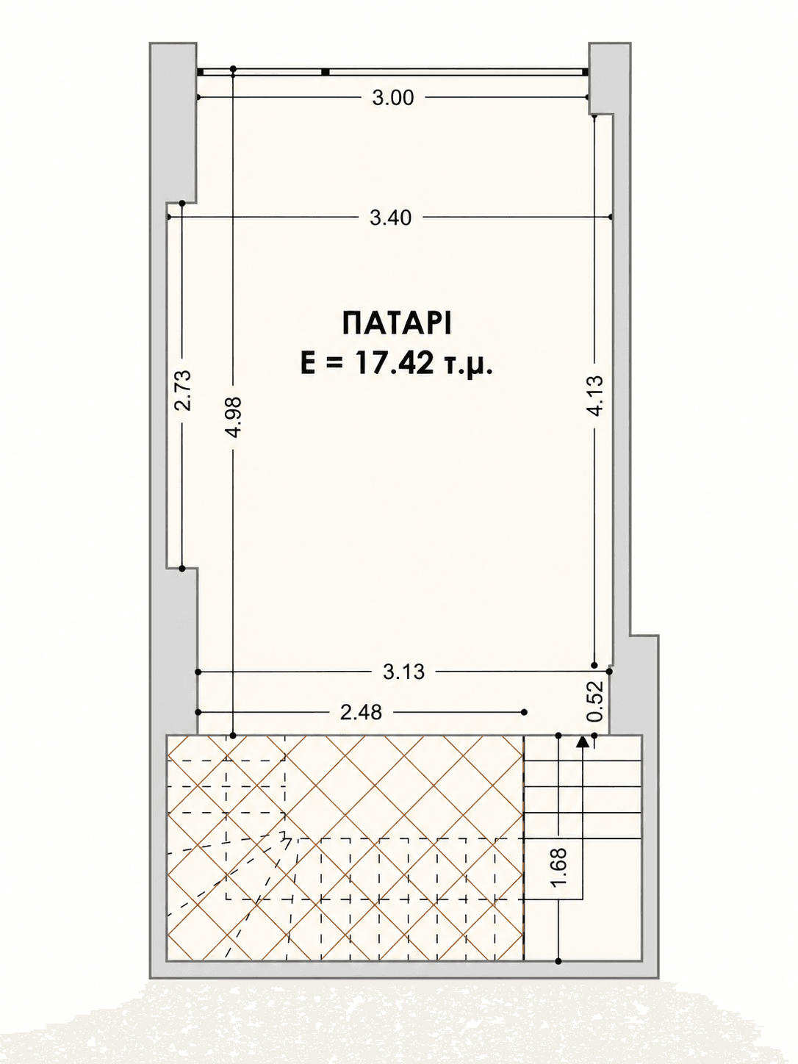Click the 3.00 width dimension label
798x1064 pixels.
click(393, 98)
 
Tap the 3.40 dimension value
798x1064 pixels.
click(390, 218)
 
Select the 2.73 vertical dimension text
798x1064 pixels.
click(183, 391)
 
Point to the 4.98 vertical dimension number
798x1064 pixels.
click(234, 417)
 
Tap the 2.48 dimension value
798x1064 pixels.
click(361, 713)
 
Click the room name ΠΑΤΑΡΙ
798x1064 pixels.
click(397, 324)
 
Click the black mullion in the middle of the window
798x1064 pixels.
click(326, 72)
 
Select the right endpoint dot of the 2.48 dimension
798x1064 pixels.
click(524, 712)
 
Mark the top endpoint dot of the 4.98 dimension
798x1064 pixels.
click(233, 69)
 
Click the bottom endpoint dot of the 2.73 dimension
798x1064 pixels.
click(182, 569)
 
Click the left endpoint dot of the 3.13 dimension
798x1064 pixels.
click(198, 672)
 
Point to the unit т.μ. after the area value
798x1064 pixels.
click(470, 364)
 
